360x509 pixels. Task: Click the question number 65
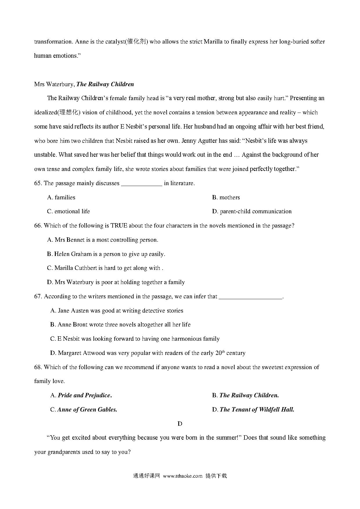(38, 183)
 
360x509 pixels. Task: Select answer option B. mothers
(226, 198)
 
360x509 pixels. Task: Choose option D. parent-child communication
(252, 212)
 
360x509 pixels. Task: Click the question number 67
(38, 297)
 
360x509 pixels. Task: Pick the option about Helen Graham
(106, 254)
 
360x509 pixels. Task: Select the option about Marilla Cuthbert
(105, 268)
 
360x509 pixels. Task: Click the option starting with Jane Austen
(117, 311)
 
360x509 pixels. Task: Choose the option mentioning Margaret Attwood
(147, 353)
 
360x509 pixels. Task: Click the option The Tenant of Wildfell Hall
(253, 410)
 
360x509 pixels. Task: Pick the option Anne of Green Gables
(84, 410)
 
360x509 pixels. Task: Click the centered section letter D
(180, 424)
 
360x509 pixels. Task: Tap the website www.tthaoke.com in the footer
(183, 476)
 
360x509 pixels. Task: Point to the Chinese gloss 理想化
(69, 113)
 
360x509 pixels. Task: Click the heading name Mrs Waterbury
(54, 84)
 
